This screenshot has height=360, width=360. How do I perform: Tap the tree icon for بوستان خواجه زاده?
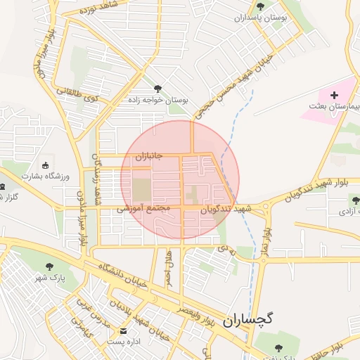tap(156, 89)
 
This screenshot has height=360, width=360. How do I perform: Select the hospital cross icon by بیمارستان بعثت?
tap(334, 94)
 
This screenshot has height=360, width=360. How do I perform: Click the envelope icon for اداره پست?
tap(124, 330)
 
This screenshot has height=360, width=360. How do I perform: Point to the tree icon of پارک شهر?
tap(49, 266)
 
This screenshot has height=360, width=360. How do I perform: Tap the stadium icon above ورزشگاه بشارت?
tap(46, 166)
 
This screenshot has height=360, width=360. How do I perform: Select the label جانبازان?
tap(148, 156)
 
